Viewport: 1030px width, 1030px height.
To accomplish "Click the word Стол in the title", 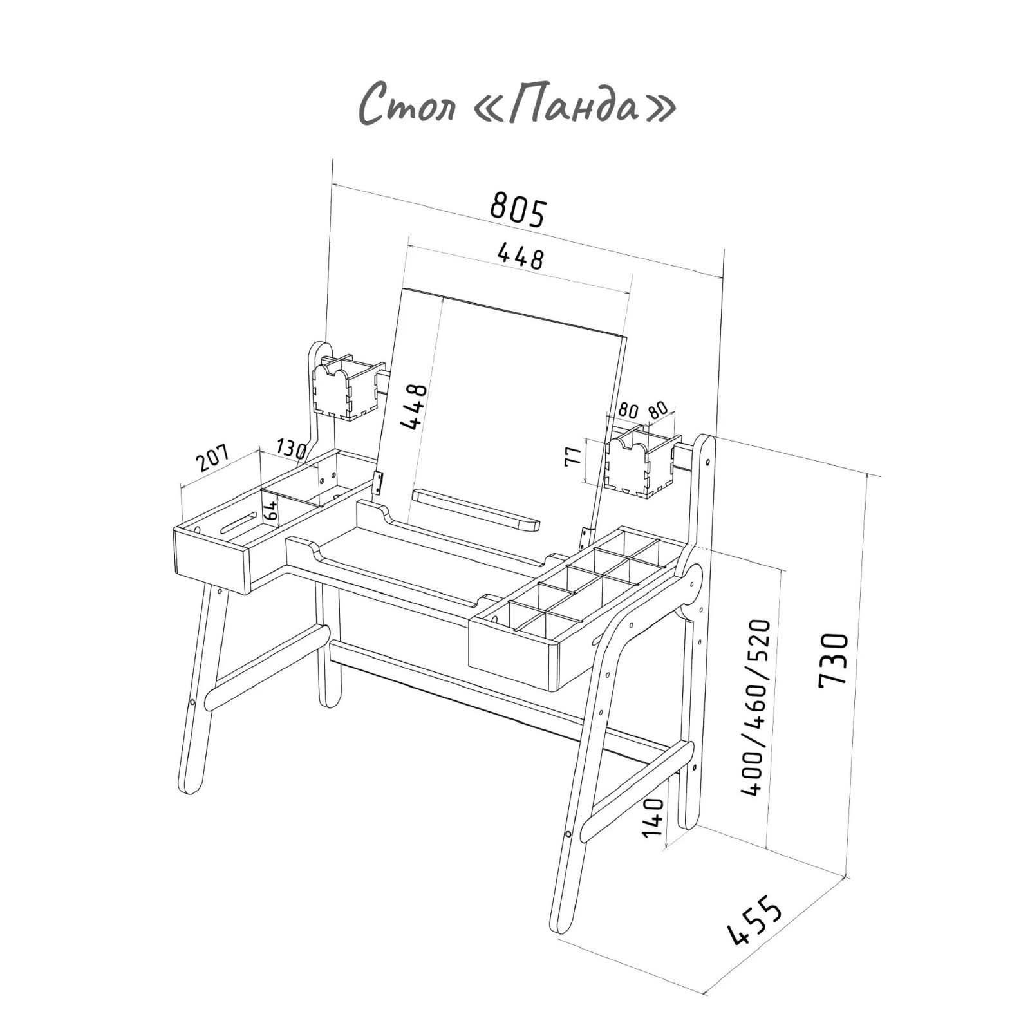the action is pyautogui.click(x=406, y=105).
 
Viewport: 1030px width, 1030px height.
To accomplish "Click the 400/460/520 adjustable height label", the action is pyautogui.click(x=757, y=707).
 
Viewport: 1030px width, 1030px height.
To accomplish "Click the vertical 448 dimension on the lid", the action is pyautogui.click(x=413, y=406).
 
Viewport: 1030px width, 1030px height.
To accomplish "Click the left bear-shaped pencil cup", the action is pyautogui.click(x=345, y=386).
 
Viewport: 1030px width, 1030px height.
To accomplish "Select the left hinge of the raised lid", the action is pyautogui.click(x=378, y=483).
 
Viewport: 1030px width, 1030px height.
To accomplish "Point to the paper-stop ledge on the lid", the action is pyautogui.click(x=476, y=509).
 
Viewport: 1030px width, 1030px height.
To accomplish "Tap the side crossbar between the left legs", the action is pyautogui.click(x=267, y=667).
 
